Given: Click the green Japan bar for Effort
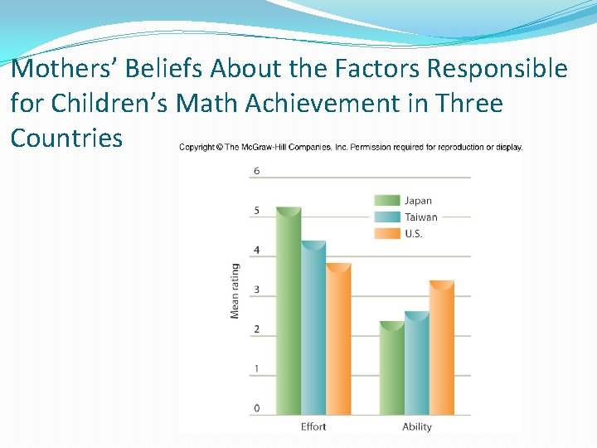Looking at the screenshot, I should click(x=289, y=311).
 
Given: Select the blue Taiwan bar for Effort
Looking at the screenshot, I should click(x=313, y=328).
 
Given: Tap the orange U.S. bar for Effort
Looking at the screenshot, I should click(x=338, y=339).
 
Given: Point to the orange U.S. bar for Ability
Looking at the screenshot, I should click(x=441, y=348).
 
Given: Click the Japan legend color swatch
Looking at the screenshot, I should click(x=387, y=200).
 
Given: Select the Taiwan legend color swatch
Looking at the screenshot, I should click(x=387, y=217).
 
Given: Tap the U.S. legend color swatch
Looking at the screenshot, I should click(x=387, y=233).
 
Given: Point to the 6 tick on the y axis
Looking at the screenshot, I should click(x=256, y=171).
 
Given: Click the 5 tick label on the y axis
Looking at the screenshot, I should click(x=256, y=211).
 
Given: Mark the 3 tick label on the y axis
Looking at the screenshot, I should click(x=256, y=290).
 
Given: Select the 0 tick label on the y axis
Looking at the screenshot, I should click(x=256, y=408).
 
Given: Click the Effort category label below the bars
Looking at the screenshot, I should click(x=313, y=426).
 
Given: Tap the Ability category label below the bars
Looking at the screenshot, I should click(x=416, y=426).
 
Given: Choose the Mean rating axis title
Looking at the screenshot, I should click(x=235, y=290).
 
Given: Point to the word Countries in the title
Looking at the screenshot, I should click(x=66, y=137).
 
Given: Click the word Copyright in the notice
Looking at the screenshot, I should click(x=197, y=148).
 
